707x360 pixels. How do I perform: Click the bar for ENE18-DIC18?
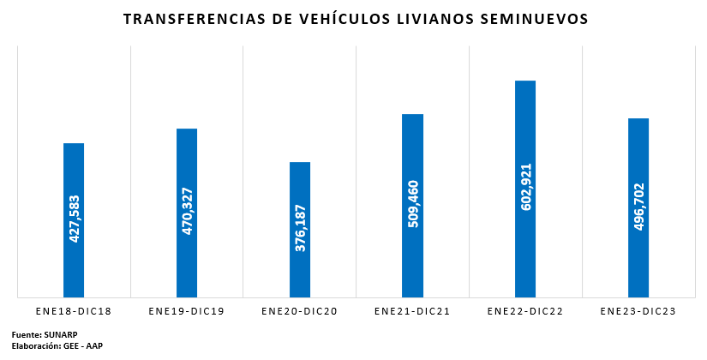point(74,220)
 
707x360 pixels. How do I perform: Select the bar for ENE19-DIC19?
point(187,213)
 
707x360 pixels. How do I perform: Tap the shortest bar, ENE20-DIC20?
point(300,230)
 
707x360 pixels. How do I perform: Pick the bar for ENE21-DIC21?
point(412,206)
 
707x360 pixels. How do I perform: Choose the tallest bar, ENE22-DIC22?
point(525,189)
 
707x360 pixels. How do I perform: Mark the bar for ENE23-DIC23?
point(638,208)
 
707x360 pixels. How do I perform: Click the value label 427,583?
point(74,219)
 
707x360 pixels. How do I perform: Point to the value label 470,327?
point(187,211)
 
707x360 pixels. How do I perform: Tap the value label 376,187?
point(300,228)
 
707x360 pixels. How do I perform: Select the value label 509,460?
point(413,203)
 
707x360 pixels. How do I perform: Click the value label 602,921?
point(525,187)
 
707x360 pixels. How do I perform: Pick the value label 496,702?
point(639,207)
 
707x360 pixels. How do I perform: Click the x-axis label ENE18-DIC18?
point(74,311)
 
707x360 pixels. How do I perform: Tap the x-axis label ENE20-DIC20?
point(299,311)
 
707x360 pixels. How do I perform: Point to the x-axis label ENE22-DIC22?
point(525,311)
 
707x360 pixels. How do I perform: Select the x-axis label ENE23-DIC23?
point(638,311)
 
